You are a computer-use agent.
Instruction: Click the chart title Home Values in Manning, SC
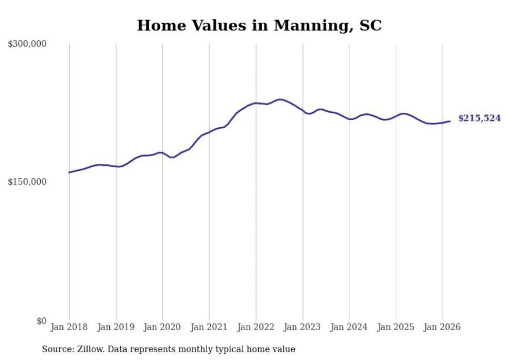pos(259,25)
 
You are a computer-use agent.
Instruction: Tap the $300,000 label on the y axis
pos(27,44)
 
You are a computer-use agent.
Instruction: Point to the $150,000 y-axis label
pos(27,182)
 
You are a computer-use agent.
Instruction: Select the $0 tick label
pos(41,321)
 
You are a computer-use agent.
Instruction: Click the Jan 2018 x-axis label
pos(69,327)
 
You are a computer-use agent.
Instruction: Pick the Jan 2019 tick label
pos(116,327)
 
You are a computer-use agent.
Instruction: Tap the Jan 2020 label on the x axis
pos(162,327)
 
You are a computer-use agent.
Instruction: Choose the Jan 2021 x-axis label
pos(209,327)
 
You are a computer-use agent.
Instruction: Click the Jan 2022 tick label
pos(256,327)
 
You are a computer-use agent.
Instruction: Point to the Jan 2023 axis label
pos(302,327)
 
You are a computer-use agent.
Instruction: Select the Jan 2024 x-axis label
pos(349,327)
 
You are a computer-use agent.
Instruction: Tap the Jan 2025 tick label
pos(396,327)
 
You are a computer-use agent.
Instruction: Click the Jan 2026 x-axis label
pos(443,327)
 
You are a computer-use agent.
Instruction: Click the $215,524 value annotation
pos(479,118)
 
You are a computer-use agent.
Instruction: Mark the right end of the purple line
pos(450,121)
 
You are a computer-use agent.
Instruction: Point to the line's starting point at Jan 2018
pos(69,173)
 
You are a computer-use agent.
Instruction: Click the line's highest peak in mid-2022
pos(280,99)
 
